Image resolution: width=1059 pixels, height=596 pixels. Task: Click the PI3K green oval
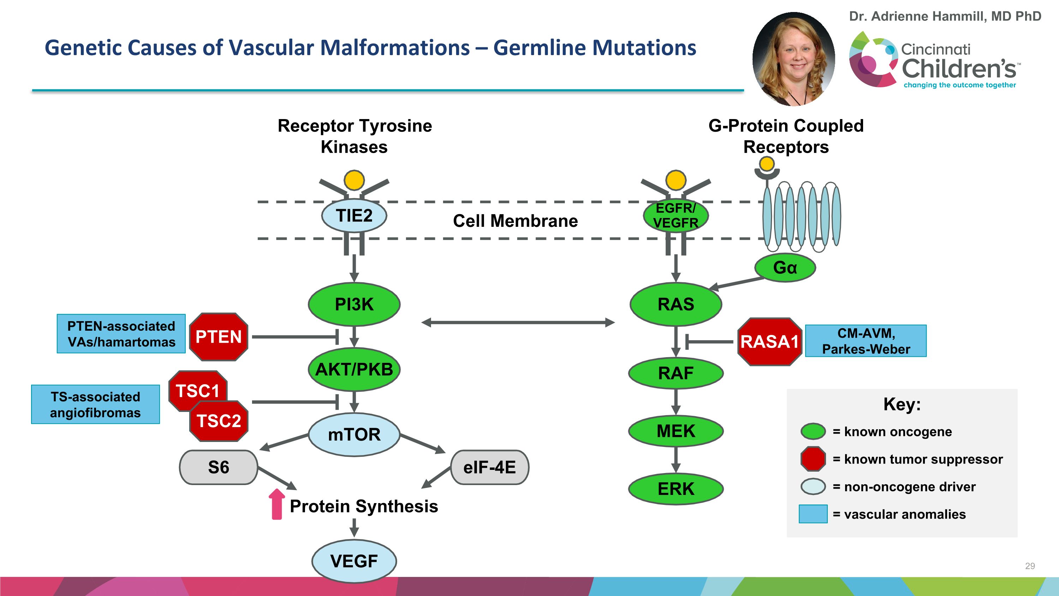click(x=354, y=305)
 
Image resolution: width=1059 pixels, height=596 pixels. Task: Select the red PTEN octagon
click(x=218, y=337)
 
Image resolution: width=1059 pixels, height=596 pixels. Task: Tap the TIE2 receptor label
click(x=354, y=216)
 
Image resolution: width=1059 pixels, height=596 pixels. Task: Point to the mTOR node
click(x=354, y=434)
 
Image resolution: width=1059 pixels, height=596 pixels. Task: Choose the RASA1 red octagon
click(x=769, y=341)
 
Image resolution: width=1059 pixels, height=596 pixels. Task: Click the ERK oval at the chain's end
click(x=676, y=489)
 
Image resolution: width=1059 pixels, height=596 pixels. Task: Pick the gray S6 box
click(x=218, y=467)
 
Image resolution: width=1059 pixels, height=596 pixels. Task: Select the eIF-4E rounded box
click(x=489, y=467)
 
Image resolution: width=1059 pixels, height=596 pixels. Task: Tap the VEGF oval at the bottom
click(x=354, y=561)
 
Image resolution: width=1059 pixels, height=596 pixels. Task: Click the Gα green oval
click(x=785, y=268)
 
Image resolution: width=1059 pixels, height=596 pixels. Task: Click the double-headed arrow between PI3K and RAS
click(x=517, y=323)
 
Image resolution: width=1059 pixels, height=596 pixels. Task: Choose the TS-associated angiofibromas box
click(x=95, y=404)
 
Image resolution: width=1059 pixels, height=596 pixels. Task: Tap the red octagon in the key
click(x=813, y=459)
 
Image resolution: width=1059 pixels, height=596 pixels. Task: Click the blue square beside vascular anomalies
click(x=813, y=514)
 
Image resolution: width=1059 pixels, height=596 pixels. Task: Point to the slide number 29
click(x=1030, y=566)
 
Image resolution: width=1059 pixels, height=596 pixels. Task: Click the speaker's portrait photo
click(x=794, y=59)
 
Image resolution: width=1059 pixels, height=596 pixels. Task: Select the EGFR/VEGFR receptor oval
click(x=676, y=216)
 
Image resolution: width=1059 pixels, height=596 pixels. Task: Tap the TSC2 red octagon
click(x=219, y=421)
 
